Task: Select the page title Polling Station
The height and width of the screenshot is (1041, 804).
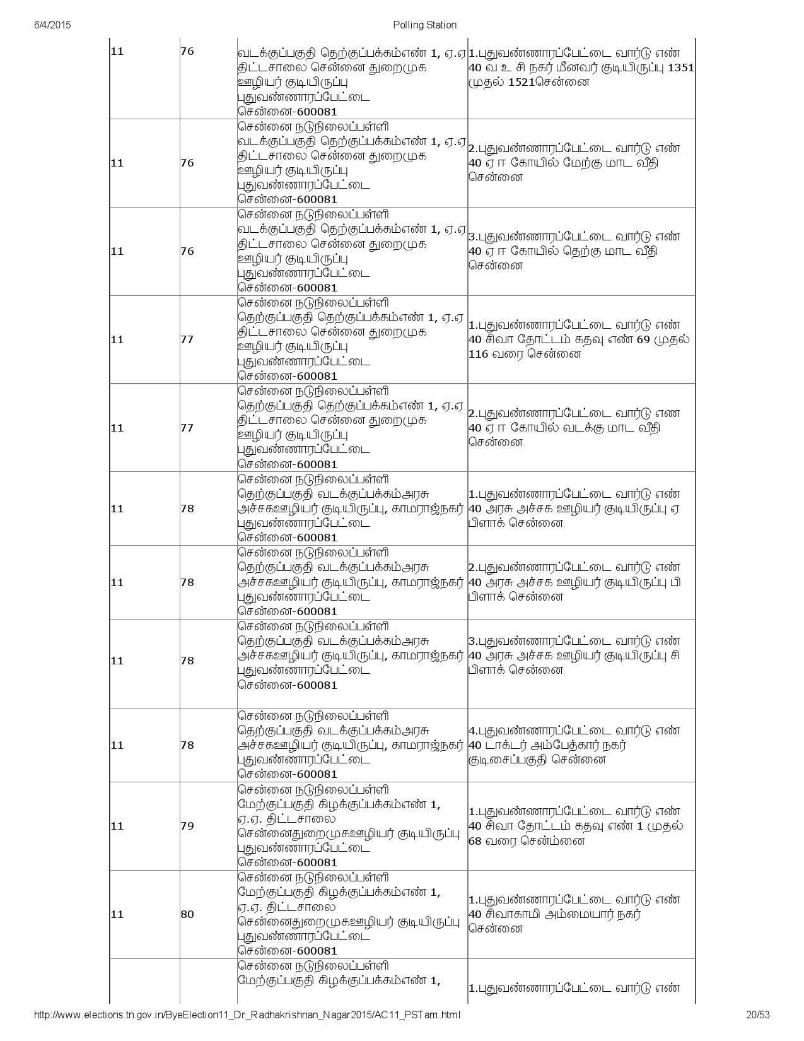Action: [x=424, y=25]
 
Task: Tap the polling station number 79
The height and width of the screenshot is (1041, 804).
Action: [x=187, y=826]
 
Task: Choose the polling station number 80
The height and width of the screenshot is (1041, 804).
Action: [x=187, y=914]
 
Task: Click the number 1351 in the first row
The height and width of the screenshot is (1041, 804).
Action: [x=680, y=68]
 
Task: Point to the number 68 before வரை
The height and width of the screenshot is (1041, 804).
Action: [x=476, y=841]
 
